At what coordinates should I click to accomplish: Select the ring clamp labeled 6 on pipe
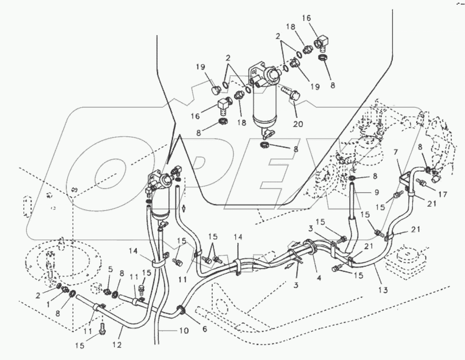point(181,310)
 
